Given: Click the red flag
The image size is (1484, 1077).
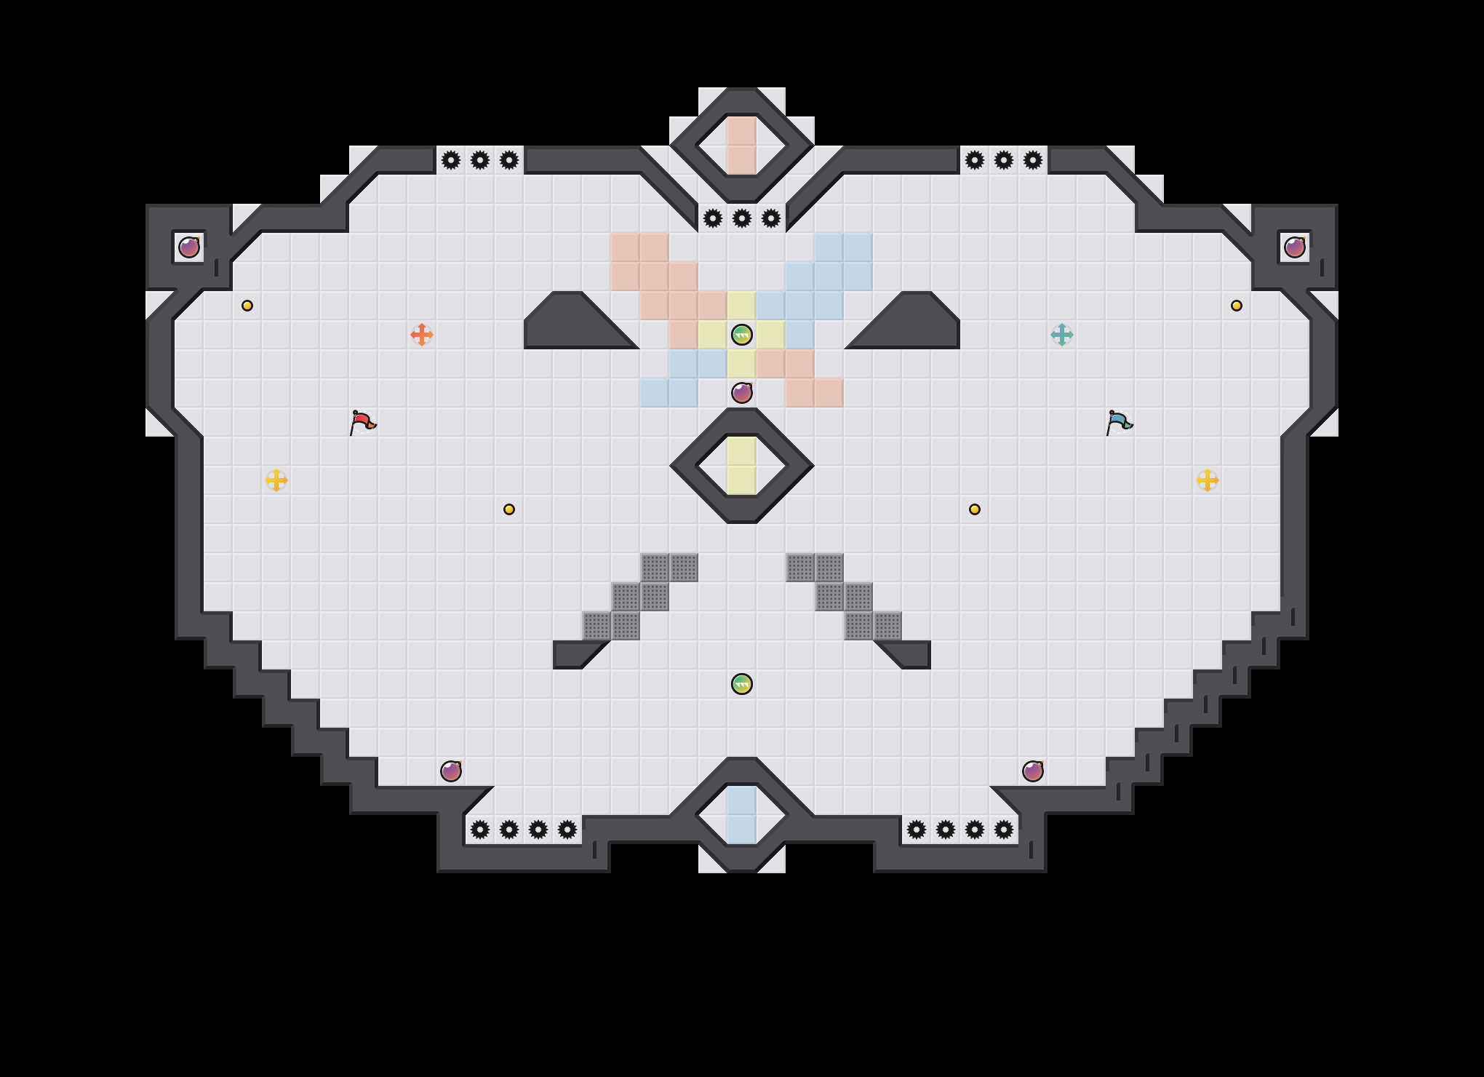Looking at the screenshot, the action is pos(362,421).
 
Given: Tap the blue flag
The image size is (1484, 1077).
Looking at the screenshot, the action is pos(1119,421).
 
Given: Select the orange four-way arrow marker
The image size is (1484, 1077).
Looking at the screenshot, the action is pos(422,335).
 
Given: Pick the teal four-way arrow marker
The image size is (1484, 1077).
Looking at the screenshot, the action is pos(1062,335).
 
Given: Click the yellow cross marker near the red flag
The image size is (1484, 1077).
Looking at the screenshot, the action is pos(276,480).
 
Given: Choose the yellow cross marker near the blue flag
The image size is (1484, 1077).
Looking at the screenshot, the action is pos(1208,480).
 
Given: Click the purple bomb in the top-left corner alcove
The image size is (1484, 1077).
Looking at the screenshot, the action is pos(189,247).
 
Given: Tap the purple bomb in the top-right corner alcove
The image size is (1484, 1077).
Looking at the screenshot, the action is pos(1295,247).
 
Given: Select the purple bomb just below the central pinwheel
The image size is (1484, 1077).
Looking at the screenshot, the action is pos(742,393).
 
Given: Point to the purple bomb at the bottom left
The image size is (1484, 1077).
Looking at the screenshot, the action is pos(451,771).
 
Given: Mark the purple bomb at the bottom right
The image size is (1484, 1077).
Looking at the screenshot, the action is pos(1033,771).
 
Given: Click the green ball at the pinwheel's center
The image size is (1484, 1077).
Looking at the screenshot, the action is pos(742,335).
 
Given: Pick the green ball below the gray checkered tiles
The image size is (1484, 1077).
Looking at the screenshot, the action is pos(742,684).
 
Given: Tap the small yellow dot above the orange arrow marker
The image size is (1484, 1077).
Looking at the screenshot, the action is pos(247,306).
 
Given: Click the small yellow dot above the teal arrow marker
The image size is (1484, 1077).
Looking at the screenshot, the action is pos(1237,306).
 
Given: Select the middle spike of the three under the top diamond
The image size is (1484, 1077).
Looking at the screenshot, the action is pos(742,218).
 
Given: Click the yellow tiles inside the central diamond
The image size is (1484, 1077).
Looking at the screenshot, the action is pos(742,466).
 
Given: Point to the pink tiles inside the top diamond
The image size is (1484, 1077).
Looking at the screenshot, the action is pos(742,146).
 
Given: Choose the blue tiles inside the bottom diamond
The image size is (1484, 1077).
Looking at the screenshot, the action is pos(742,815).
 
